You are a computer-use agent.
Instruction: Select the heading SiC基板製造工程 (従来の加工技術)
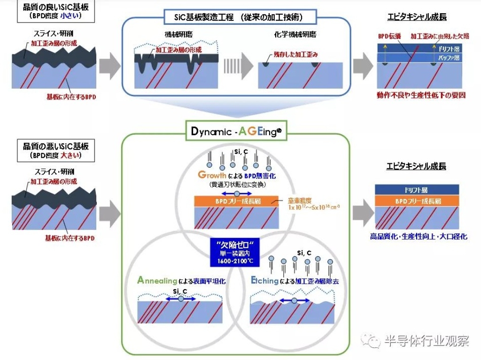tap(236, 17)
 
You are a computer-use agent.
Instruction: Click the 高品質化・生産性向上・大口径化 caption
tap(417, 237)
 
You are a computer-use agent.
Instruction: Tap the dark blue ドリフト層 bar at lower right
tap(417, 190)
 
